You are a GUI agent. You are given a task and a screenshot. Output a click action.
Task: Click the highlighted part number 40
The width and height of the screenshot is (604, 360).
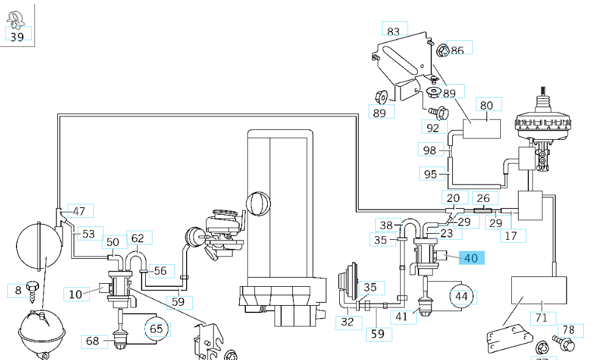click(471, 258)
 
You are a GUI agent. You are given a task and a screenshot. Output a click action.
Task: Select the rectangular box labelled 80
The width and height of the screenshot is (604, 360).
click(481, 129)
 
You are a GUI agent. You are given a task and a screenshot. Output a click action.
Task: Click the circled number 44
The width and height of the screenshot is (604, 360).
click(462, 297)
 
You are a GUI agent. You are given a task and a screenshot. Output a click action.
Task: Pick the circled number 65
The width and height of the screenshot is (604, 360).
click(157, 329)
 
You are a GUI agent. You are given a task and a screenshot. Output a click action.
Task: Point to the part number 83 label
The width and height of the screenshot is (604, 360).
click(394, 31)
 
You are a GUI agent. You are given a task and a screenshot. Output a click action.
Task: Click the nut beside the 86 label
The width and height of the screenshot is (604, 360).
click(443, 50)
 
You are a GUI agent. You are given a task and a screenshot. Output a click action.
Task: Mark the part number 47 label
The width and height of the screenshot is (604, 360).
click(79, 211)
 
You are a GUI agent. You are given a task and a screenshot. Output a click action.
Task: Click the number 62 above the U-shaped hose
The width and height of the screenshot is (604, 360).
click(137, 238)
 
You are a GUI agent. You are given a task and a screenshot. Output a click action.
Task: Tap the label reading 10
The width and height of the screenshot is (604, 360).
click(75, 295)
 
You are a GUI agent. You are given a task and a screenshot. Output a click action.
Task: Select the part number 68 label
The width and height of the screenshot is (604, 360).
click(92, 340)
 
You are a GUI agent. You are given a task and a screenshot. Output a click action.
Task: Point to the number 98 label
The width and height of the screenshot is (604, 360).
click(430, 150)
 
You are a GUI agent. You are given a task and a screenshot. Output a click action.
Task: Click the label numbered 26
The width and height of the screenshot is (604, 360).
click(483, 198)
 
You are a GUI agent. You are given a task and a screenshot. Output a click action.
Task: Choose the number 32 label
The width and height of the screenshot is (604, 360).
click(347, 322)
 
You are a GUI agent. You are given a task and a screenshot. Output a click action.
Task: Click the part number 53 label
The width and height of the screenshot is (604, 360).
click(88, 234)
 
